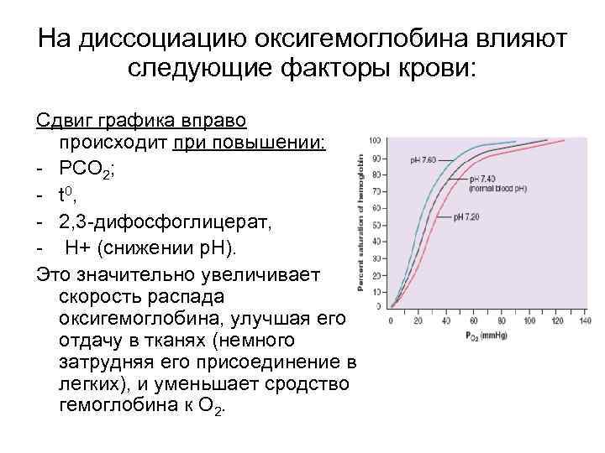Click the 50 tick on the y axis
[x=376, y=226]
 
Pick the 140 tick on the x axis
[x=585, y=321]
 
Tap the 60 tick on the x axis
[x=474, y=321]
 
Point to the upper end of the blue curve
[x=514, y=141]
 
